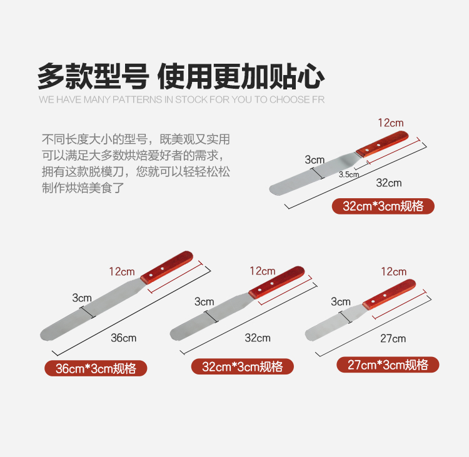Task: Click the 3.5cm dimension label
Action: point(349,174)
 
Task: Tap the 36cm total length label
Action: point(124,338)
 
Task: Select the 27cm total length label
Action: point(393,339)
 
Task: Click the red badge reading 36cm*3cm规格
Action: point(96,368)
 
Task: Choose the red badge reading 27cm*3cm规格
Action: point(388,364)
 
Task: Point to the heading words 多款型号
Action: point(93,76)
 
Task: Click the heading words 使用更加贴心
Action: point(241,76)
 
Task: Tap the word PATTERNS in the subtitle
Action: point(138,99)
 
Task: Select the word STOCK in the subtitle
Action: point(191,99)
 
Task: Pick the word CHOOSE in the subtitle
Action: point(290,99)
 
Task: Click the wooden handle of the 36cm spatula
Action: point(166,268)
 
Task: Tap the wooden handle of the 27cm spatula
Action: point(389,294)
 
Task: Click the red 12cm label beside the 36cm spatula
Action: point(122,271)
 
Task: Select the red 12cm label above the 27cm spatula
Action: point(393,271)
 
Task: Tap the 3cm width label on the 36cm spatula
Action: point(82,298)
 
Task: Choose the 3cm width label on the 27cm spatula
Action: point(340,301)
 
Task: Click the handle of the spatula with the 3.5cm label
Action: point(382,144)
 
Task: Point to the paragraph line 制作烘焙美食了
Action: point(83,188)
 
